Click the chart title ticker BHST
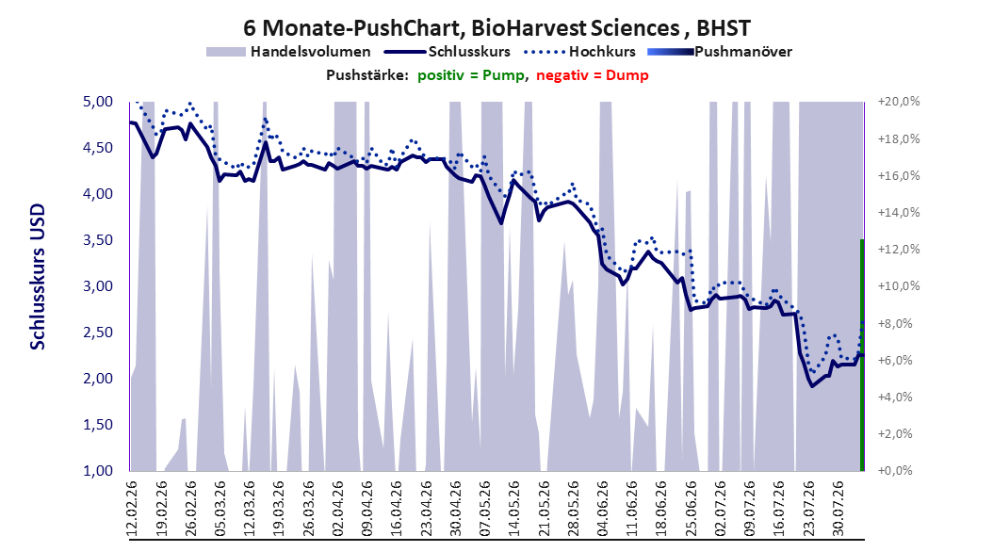pyautogui.click(x=724, y=28)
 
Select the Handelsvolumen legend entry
pyautogui.click(x=288, y=52)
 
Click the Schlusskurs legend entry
pyautogui.click(x=448, y=52)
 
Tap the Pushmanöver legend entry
pyautogui.click(x=720, y=52)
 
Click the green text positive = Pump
pyautogui.click(x=471, y=75)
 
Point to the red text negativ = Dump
pyautogui.click(x=593, y=75)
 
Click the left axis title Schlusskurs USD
pyautogui.click(x=38, y=277)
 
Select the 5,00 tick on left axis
pyautogui.click(x=98, y=102)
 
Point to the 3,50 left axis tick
pyautogui.click(x=98, y=240)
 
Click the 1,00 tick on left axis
pyautogui.click(x=98, y=471)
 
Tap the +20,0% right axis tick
pyautogui.click(x=899, y=102)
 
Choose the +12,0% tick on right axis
pyautogui.click(x=899, y=250)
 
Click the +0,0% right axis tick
pyautogui.click(x=895, y=471)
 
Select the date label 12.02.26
pyautogui.click(x=132, y=509)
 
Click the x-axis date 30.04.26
pyautogui.click(x=456, y=509)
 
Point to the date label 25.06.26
pyautogui.click(x=692, y=509)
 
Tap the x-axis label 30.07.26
pyautogui.click(x=839, y=509)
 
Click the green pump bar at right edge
pyautogui.click(x=862, y=355)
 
